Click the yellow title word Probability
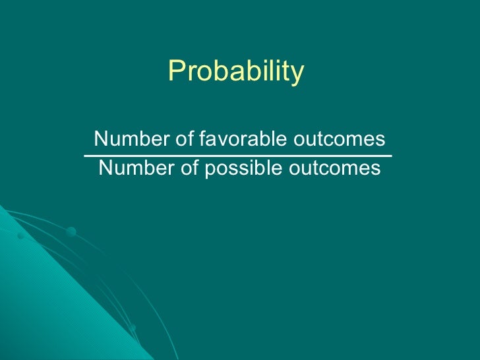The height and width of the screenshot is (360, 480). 236,71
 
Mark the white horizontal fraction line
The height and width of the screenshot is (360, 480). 237,156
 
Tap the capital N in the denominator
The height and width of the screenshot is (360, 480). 105,169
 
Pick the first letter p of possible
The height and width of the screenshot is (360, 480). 209,170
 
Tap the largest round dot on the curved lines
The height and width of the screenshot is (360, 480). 71,231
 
